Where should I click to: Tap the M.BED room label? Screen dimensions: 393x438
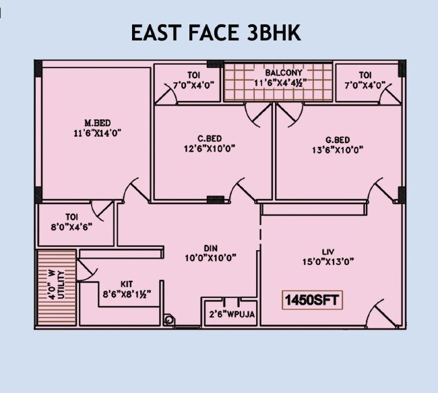[97, 123]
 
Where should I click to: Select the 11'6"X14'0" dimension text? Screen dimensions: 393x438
[97, 133]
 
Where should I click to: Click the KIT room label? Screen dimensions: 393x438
[127, 284]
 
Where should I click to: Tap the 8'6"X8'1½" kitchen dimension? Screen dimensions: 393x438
[126, 294]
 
